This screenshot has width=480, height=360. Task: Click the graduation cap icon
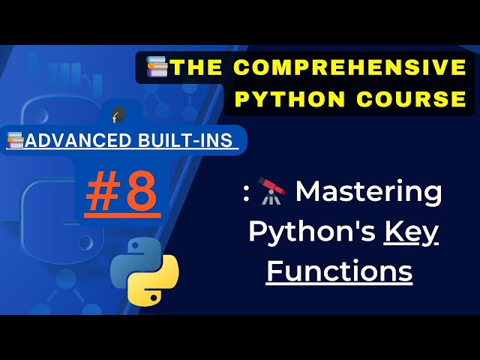point(118,115)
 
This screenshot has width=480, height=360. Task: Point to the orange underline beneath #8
point(122,216)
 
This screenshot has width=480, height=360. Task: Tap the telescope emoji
point(272,192)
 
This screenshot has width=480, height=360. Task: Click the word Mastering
point(368,192)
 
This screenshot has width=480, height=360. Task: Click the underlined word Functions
point(340,270)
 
